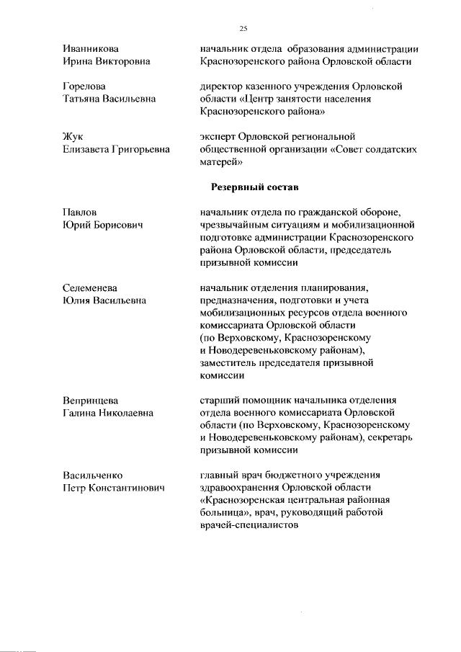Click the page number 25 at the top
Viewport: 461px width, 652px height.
[243, 28]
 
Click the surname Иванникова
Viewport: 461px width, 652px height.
[91, 49]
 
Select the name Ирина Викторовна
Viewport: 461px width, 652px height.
[107, 62]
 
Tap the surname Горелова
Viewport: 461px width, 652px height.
[85, 86]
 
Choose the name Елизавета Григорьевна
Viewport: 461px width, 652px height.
[116, 150]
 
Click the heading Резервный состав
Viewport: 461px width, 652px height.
[254, 187]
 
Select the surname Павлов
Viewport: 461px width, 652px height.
[80, 212]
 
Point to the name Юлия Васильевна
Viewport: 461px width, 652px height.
[105, 301]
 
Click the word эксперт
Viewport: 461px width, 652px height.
[221, 137]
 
